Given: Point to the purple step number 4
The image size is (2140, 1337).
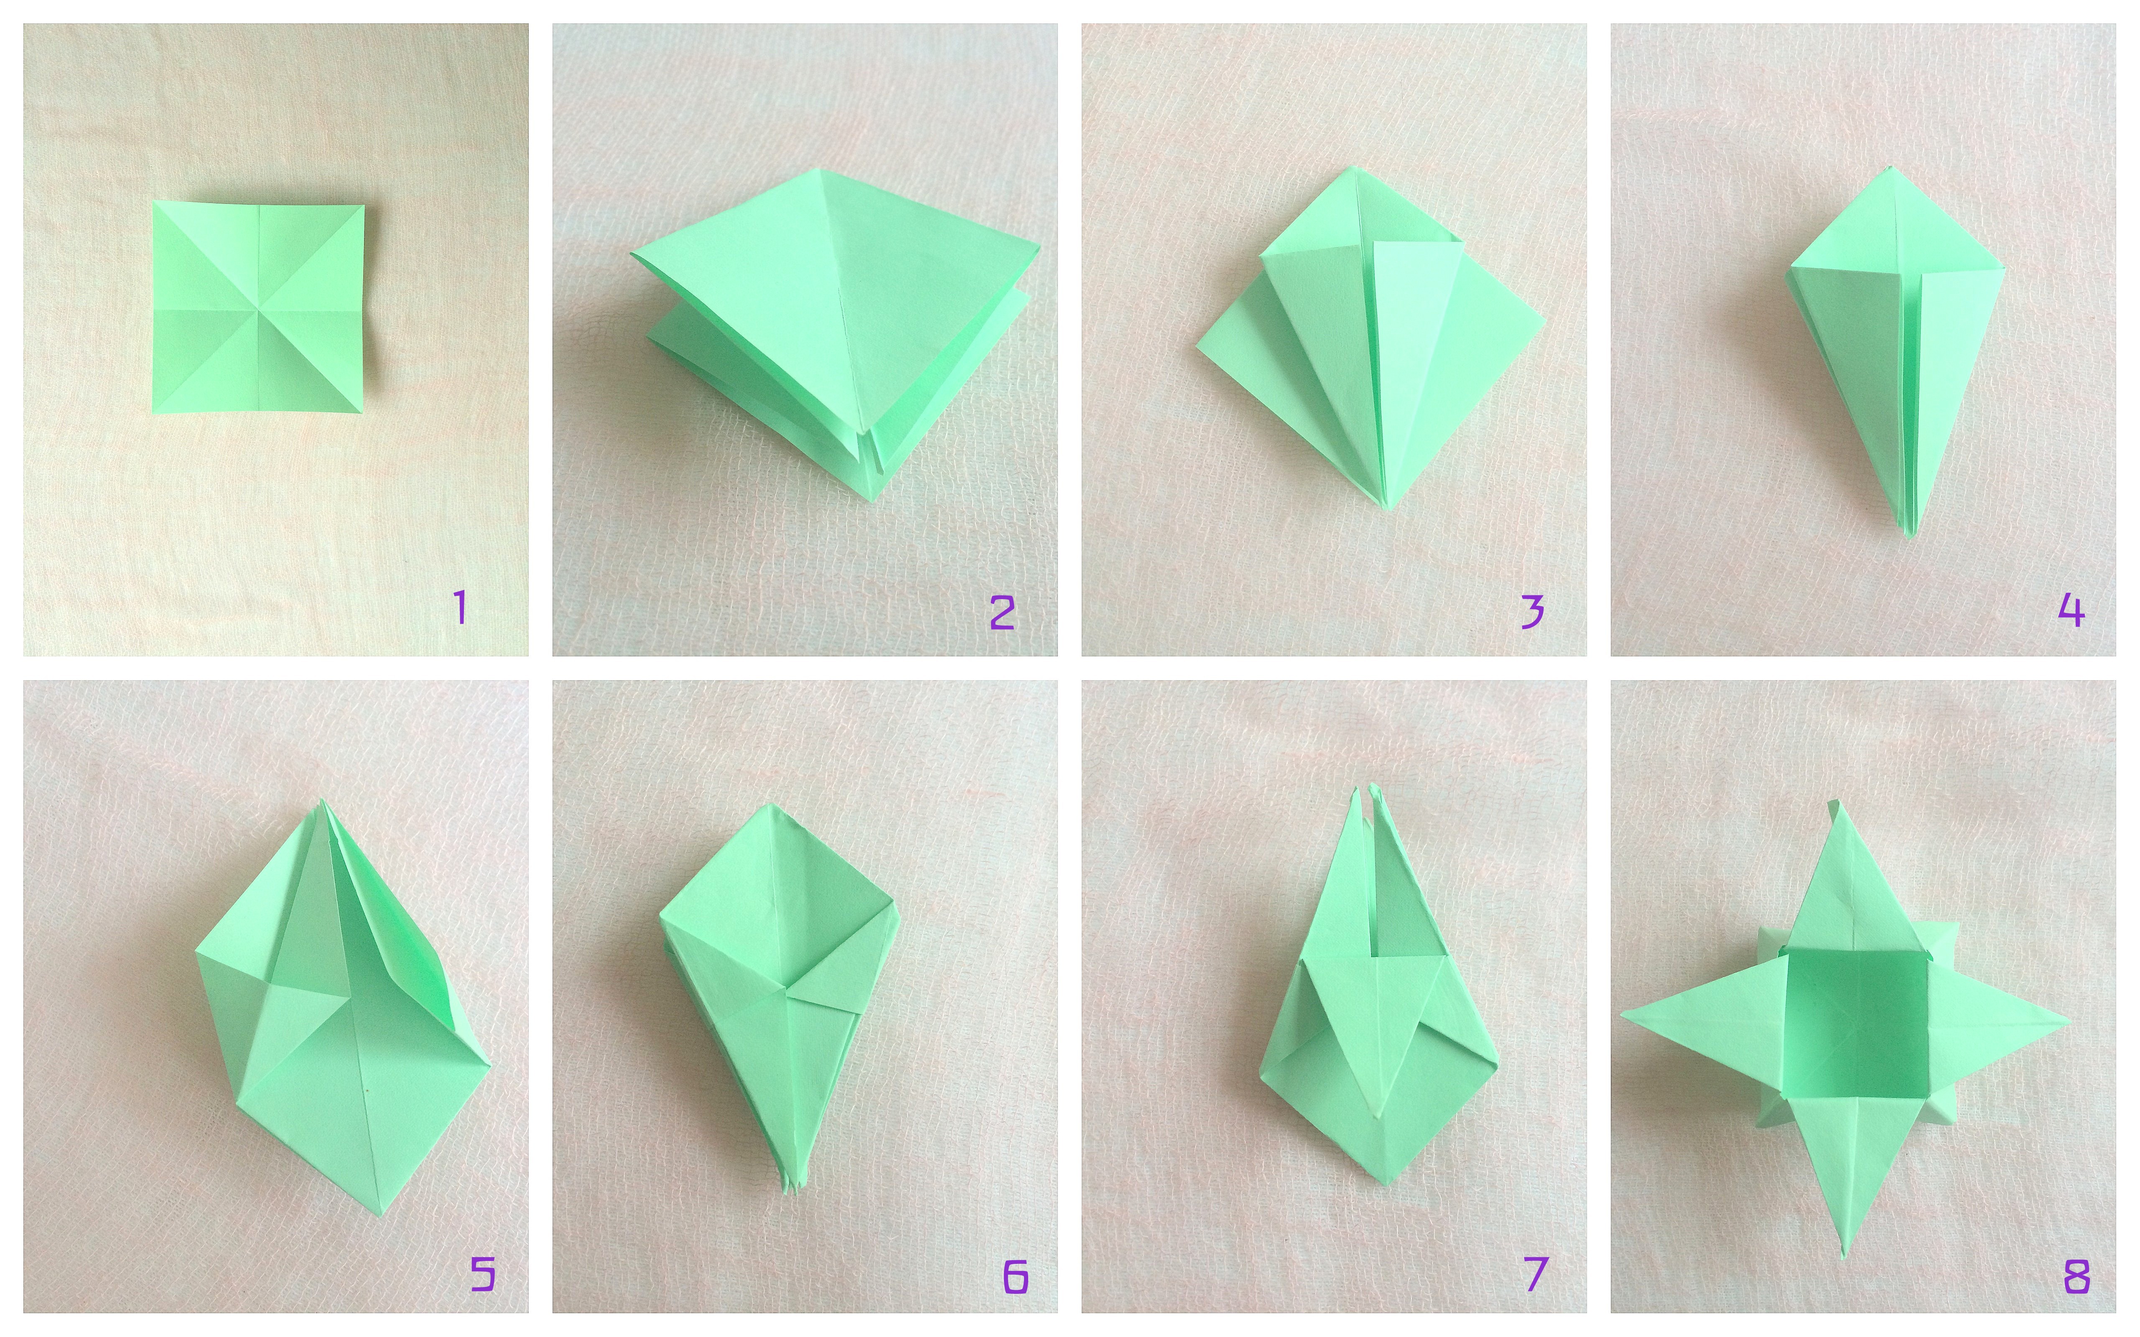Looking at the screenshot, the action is pos(2071,610).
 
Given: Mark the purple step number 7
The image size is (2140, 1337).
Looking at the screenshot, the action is pos(1535,1274).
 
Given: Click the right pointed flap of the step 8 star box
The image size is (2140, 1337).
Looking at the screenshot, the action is pos(1998,1024).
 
